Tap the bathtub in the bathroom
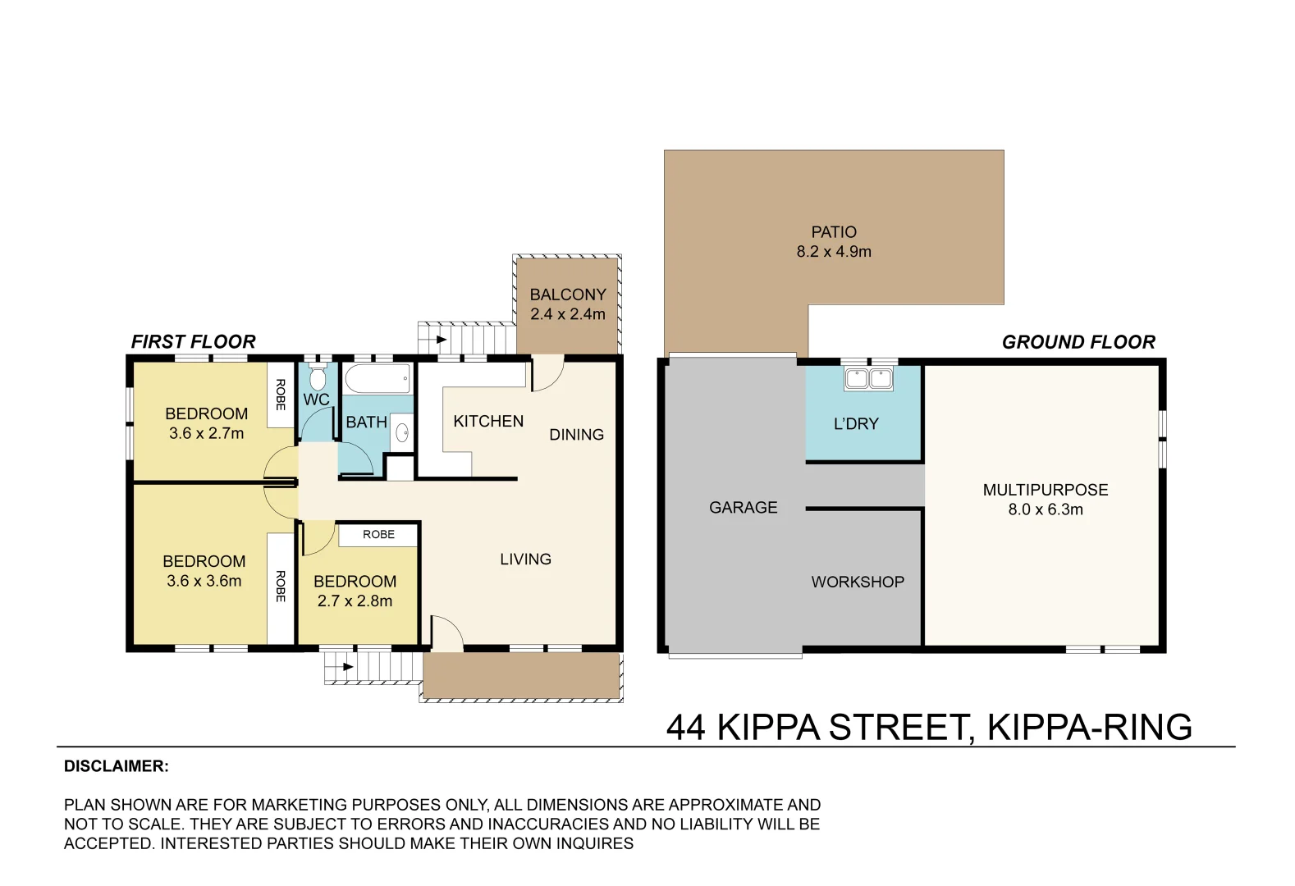[x=378, y=379]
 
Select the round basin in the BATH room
[x=402, y=432]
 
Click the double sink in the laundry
[x=868, y=379]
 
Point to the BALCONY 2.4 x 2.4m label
[x=567, y=304]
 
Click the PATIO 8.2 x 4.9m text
[x=834, y=242]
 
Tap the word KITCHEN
[x=488, y=422]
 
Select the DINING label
[x=576, y=435]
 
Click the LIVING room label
[x=525, y=559]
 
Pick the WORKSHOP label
[x=858, y=582]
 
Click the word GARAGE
[x=743, y=508]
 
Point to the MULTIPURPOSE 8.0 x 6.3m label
[x=1046, y=500]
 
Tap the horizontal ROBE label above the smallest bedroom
[x=378, y=535]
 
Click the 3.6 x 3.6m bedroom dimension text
[x=204, y=582]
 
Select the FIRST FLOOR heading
[x=194, y=342]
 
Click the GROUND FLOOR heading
[x=1078, y=342]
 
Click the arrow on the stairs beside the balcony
[x=441, y=340]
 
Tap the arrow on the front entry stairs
[x=347, y=667]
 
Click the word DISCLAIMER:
[x=117, y=766]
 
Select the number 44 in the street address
[x=686, y=728]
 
